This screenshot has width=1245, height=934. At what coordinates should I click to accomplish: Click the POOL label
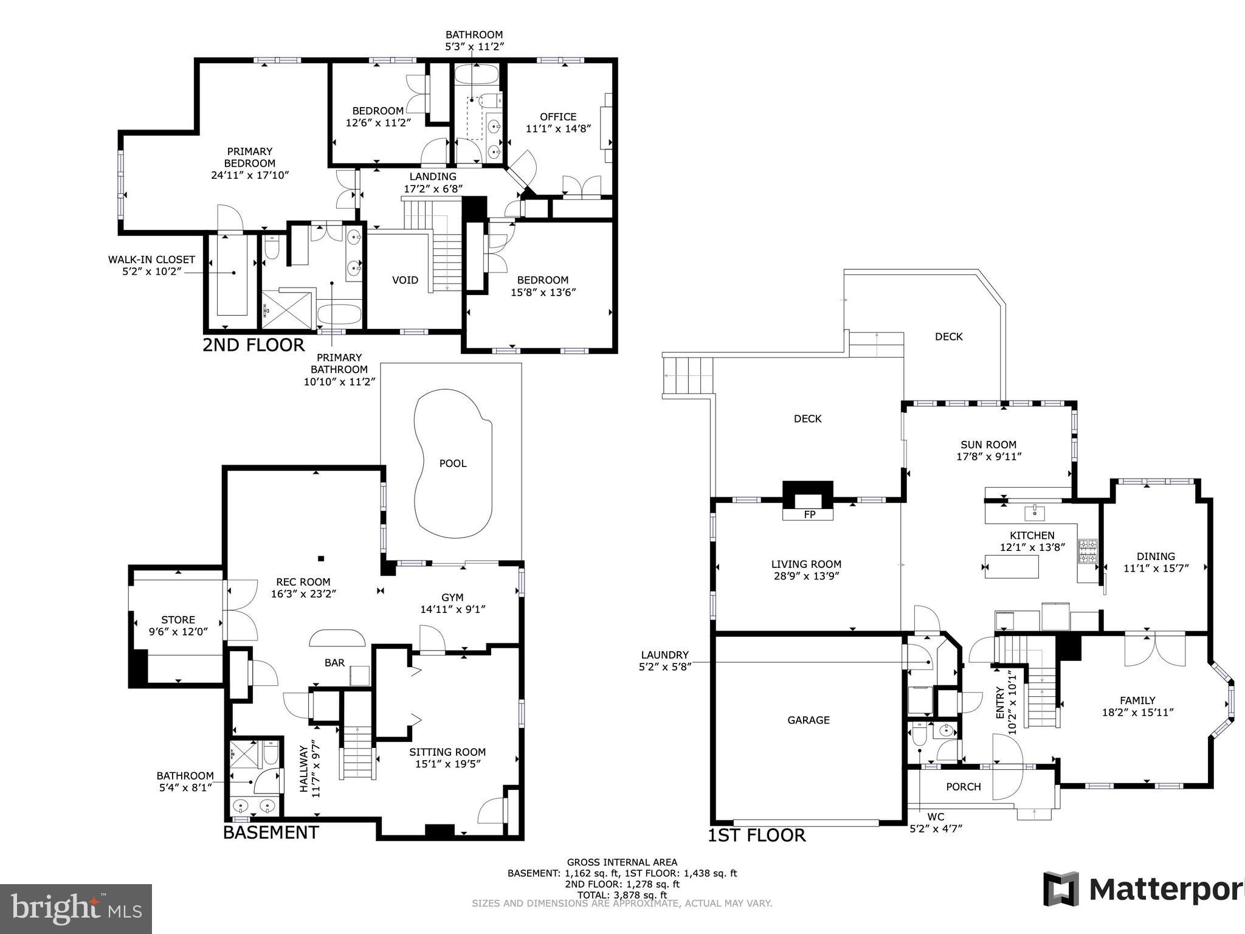click(x=453, y=463)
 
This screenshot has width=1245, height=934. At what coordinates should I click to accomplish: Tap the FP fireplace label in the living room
click(x=809, y=515)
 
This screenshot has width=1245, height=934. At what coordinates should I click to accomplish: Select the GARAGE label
click(x=808, y=720)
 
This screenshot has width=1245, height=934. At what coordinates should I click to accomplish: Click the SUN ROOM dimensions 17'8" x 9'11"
click(x=988, y=457)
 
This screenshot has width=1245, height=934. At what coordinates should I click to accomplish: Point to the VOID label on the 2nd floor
click(x=405, y=280)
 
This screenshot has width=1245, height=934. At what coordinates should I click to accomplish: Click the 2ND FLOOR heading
click(x=253, y=345)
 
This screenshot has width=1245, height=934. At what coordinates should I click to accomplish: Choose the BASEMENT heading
click(x=271, y=832)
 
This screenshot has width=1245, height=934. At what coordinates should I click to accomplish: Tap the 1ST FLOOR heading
click(x=757, y=835)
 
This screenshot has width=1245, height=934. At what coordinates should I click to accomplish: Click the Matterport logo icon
click(x=1061, y=889)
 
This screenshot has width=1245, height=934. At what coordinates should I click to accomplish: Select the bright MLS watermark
click(x=76, y=908)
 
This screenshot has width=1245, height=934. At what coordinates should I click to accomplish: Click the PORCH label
click(x=964, y=787)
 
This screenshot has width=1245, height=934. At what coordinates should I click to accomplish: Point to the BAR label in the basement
click(x=334, y=663)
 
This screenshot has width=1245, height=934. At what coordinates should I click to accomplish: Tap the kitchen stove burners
click(x=1088, y=551)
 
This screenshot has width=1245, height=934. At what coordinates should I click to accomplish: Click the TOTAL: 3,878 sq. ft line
click(x=622, y=895)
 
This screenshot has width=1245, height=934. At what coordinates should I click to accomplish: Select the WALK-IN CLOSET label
click(x=151, y=260)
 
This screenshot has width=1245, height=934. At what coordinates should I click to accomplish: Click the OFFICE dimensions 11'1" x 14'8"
click(x=558, y=129)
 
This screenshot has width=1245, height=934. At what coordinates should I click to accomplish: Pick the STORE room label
click(x=178, y=620)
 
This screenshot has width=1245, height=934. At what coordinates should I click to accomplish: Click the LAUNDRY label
click(x=664, y=655)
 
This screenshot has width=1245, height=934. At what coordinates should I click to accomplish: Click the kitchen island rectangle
click(x=1012, y=567)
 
